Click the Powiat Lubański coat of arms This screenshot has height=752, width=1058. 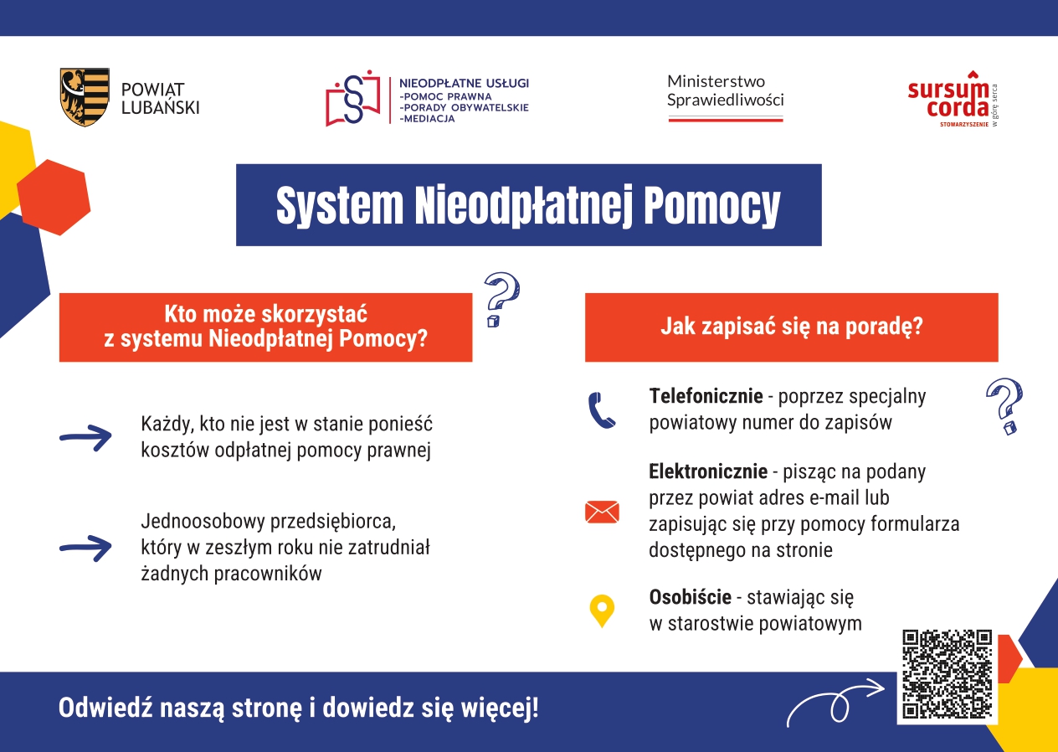click(85, 97)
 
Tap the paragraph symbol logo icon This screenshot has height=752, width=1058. click(353, 98)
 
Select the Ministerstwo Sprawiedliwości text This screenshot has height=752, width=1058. click(725, 90)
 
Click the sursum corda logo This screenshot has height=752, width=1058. click(953, 100)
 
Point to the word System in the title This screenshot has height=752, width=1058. click(340, 206)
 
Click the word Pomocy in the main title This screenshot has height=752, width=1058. click(712, 206)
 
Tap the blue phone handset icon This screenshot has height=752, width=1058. click(601, 410)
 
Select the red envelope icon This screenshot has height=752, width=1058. click(602, 512)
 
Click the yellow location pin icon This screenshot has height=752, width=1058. click(602, 611)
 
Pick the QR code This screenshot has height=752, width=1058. click(947, 674)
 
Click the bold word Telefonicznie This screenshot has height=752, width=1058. click(706, 396)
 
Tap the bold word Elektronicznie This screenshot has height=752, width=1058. click(708, 471)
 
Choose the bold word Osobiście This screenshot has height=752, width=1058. click(690, 597)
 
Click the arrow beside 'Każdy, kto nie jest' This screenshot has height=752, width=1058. click(85, 438)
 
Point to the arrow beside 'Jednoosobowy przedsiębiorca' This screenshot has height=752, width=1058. click(85, 548)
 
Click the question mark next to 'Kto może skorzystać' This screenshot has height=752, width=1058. click(501, 299)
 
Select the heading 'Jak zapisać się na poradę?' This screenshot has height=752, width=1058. click(792, 327)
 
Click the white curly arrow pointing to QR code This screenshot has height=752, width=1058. click(835, 702)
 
